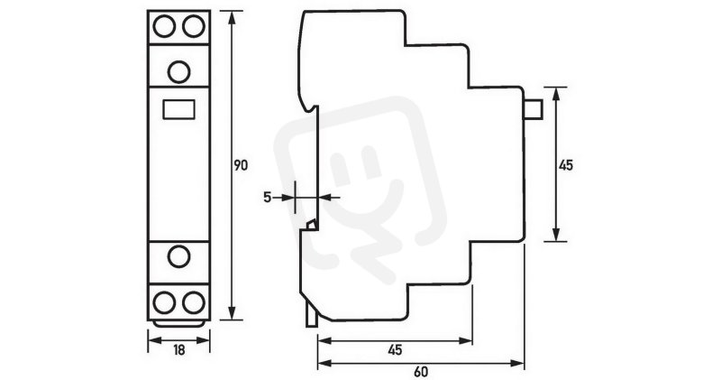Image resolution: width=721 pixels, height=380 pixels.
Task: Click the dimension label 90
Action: [241, 165]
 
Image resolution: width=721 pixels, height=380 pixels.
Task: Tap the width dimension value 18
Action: [178, 350]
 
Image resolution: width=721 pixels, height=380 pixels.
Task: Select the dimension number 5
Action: [267, 198]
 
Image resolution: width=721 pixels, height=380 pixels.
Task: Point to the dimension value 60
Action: [420, 372]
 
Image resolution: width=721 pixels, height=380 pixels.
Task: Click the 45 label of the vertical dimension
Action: [566, 165]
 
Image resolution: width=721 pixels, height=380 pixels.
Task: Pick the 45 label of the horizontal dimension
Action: [395, 350]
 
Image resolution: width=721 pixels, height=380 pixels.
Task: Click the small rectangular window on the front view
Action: [178, 109]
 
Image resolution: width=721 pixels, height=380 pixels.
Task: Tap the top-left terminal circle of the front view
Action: [164, 26]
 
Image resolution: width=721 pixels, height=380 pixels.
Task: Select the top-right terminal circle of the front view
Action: [194, 26]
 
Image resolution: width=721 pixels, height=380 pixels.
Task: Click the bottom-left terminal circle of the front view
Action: [164, 302]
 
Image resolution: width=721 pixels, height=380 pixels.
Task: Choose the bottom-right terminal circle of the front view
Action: [194, 302]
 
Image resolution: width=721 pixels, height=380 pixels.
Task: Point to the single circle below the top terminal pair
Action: [178, 72]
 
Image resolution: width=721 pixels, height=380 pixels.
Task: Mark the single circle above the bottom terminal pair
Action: [178, 256]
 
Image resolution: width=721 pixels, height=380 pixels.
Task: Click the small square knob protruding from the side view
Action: [534, 109]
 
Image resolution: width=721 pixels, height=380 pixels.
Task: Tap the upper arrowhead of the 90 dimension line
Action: [232, 17]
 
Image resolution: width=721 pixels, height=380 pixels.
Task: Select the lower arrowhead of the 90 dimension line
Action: [232, 312]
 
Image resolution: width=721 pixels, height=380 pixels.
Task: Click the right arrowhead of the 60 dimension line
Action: [517, 364]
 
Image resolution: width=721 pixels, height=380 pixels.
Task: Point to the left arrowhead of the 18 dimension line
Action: [155, 341]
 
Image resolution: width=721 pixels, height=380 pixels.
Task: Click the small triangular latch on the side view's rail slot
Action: [312, 225]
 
